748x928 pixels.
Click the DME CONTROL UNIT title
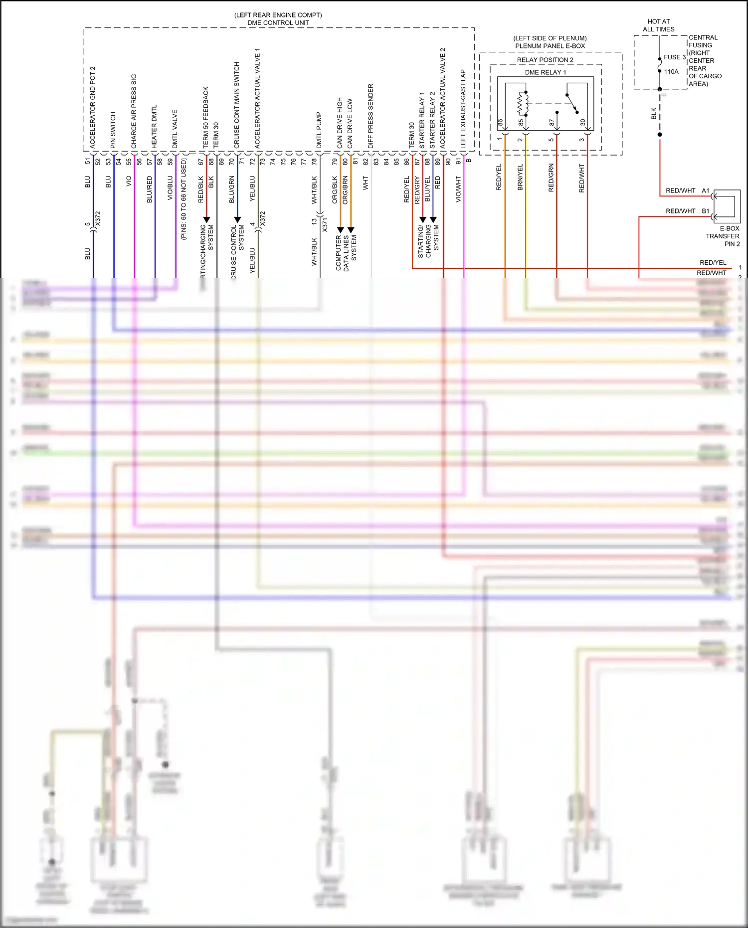click(x=278, y=23)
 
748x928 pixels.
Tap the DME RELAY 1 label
click(x=545, y=72)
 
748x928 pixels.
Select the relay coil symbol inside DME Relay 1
click(x=523, y=103)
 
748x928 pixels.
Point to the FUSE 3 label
click(x=674, y=57)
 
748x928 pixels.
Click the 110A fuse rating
click(x=671, y=72)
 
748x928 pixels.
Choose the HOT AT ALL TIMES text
click(x=658, y=25)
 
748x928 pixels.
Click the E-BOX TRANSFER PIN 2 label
click(x=724, y=236)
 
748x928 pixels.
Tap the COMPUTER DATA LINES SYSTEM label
click(x=346, y=253)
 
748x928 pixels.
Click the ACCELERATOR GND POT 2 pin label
click(x=92, y=107)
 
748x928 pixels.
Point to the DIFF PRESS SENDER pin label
click(x=371, y=116)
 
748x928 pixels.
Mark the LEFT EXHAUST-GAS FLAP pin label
click(x=463, y=108)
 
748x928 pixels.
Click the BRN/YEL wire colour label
click(x=520, y=177)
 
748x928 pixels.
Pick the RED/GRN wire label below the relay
click(x=551, y=178)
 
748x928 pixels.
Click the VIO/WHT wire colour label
click(x=458, y=189)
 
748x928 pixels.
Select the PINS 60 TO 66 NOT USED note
click(x=184, y=199)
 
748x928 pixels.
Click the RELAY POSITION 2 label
click(x=545, y=60)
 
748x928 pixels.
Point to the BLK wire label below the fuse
click(x=654, y=114)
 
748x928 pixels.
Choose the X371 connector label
click(x=325, y=224)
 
